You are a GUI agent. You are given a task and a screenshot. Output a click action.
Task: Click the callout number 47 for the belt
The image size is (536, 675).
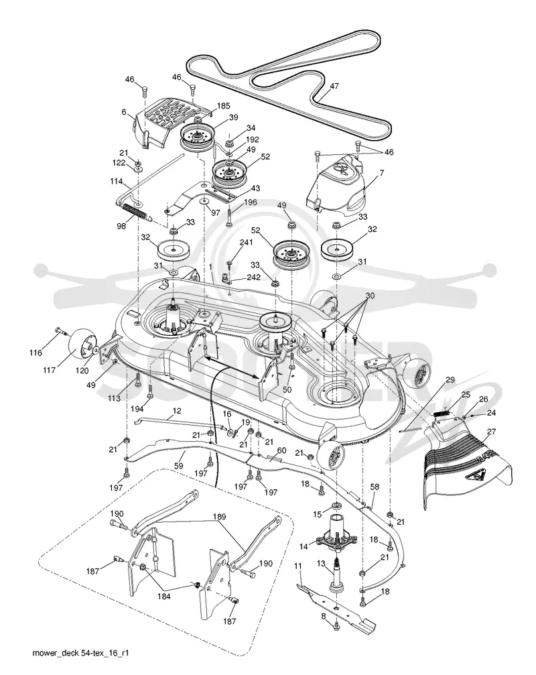coord(334,86)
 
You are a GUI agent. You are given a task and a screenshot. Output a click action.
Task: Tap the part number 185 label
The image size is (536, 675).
coord(223,106)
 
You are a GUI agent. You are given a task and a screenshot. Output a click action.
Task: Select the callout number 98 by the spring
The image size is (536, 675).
coord(122,225)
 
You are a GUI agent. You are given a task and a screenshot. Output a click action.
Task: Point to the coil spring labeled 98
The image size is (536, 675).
coord(136,211)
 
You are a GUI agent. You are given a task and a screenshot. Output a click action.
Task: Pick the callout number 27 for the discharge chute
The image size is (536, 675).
coord(491,432)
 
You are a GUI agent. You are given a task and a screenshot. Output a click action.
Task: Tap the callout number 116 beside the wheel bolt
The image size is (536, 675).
coord(36,353)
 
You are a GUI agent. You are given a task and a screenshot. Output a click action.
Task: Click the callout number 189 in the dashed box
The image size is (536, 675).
coord(220,517)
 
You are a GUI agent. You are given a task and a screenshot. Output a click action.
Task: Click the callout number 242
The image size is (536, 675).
coord(253,278)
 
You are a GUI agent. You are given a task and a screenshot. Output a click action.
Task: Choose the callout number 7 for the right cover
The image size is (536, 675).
coord(382,173)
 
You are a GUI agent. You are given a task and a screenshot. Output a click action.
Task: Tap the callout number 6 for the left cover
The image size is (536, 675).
coord(124,112)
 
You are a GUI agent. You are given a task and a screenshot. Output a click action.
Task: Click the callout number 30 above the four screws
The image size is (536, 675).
coord(370,296)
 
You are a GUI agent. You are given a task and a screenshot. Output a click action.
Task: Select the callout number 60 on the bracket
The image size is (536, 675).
coord(281,450)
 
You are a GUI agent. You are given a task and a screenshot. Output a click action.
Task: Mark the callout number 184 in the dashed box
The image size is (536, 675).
coord(164,596)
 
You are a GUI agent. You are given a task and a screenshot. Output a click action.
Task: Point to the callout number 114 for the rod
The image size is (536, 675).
coord(116,182)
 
